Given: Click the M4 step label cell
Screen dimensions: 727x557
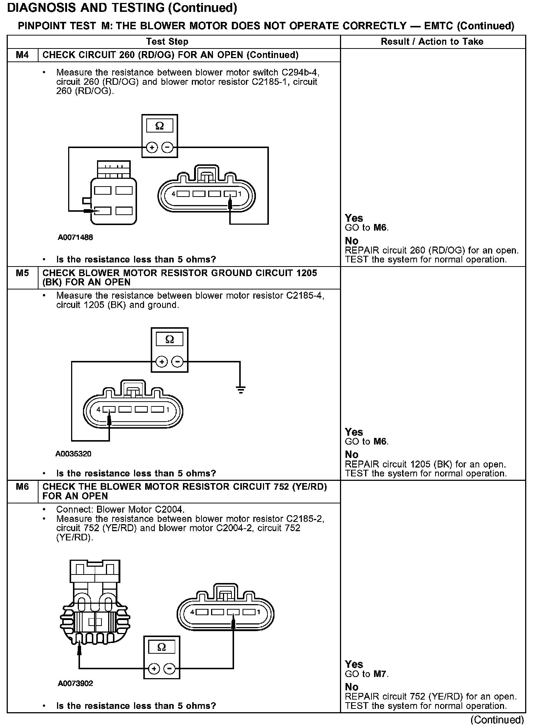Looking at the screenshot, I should tap(22, 55).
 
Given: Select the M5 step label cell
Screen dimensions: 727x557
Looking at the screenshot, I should tap(22, 273).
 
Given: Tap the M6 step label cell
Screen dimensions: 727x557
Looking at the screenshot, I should tap(22, 487).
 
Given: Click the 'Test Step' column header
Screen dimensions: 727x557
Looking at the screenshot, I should tap(167, 41).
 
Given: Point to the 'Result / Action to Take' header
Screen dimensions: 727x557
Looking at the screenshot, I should tap(432, 41).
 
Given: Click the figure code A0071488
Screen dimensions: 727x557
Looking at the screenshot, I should tap(75, 237).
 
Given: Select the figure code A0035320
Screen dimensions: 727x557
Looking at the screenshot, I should tap(73, 453).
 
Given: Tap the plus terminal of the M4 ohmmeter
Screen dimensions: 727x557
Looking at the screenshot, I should tap(152, 147).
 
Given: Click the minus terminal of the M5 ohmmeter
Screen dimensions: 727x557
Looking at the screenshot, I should tap(178, 361).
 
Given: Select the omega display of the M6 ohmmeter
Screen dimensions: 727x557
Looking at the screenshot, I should tap(162, 647).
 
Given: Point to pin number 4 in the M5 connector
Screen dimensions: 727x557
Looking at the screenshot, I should tap(99, 409).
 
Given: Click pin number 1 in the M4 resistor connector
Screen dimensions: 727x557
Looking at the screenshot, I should tap(240, 194).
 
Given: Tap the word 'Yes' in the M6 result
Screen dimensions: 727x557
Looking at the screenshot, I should tap(354, 664).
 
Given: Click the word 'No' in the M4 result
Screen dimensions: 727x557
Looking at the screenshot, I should tap(351, 241).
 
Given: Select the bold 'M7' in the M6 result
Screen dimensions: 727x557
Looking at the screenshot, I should tap(380, 674).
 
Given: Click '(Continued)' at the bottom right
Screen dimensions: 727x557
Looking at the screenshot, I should tap(497, 720).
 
